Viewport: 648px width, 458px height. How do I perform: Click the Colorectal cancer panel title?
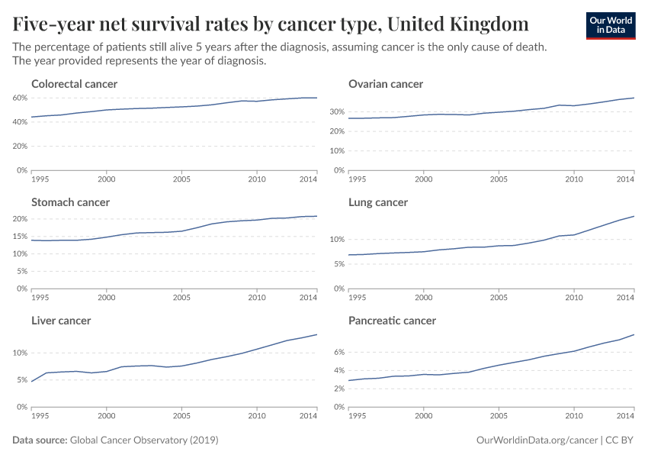coord(74,84)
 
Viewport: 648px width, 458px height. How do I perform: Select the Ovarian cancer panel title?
coord(385,84)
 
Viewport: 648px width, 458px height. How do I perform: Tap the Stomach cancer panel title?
coord(70,202)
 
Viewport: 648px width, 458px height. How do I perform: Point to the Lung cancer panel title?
coord(377,202)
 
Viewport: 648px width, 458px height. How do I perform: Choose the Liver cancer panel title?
coord(61,321)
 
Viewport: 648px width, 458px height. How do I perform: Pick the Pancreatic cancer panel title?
coord(392,321)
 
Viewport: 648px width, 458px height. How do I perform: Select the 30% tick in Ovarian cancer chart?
coord(336,111)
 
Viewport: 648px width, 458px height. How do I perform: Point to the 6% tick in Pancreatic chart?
coord(338,353)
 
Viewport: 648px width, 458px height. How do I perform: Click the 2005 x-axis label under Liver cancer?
coord(181,416)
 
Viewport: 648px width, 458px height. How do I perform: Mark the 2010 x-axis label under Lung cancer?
coord(573,298)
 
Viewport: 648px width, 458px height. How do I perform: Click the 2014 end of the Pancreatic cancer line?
coord(634,335)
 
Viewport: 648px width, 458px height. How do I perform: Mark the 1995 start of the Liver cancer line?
coord(31,381)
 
